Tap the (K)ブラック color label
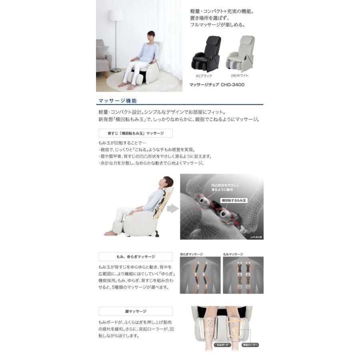tap(204, 76)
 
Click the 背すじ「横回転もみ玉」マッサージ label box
tap(136, 133)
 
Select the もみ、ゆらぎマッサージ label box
tap(136, 256)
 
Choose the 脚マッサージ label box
tap(136, 311)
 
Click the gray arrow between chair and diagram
tap(172, 208)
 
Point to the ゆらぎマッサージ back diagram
tap(200, 275)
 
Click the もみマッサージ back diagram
tap(243, 275)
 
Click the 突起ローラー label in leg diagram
tap(250, 344)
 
